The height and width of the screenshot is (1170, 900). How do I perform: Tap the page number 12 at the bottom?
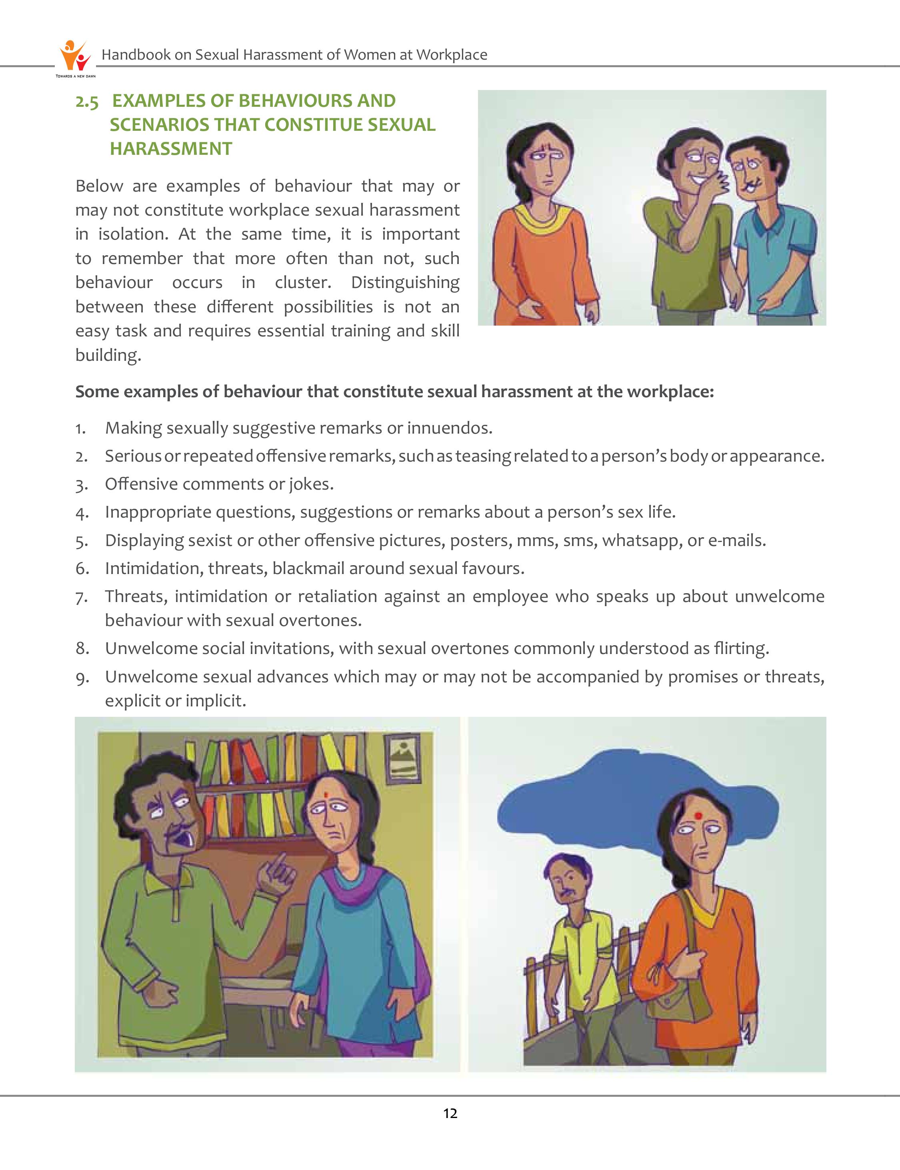450,1114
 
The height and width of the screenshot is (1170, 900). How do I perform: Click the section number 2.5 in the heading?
87,102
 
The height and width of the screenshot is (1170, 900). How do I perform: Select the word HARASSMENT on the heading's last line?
171,148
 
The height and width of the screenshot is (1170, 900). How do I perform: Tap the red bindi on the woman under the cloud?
698,816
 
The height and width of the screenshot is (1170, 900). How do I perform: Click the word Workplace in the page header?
452,55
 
